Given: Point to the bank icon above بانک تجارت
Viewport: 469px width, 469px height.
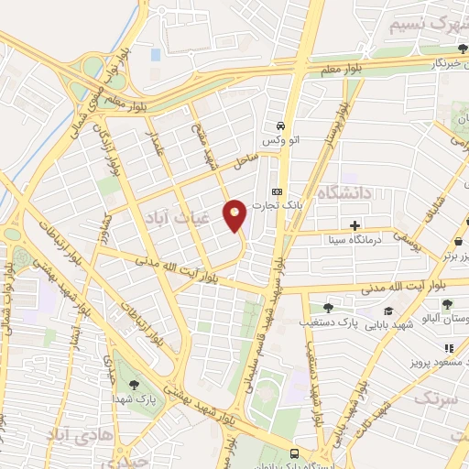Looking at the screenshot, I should click(x=278, y=191).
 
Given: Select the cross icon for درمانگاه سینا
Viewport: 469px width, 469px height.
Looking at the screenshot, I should click(x=354, y=225).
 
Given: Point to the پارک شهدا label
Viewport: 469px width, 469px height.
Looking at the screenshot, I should click(x=139, y=400).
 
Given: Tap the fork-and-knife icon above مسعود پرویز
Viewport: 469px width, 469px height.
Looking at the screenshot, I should click(x=449, y=348).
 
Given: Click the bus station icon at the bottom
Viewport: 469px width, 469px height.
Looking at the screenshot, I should click(x=294, y=453).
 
